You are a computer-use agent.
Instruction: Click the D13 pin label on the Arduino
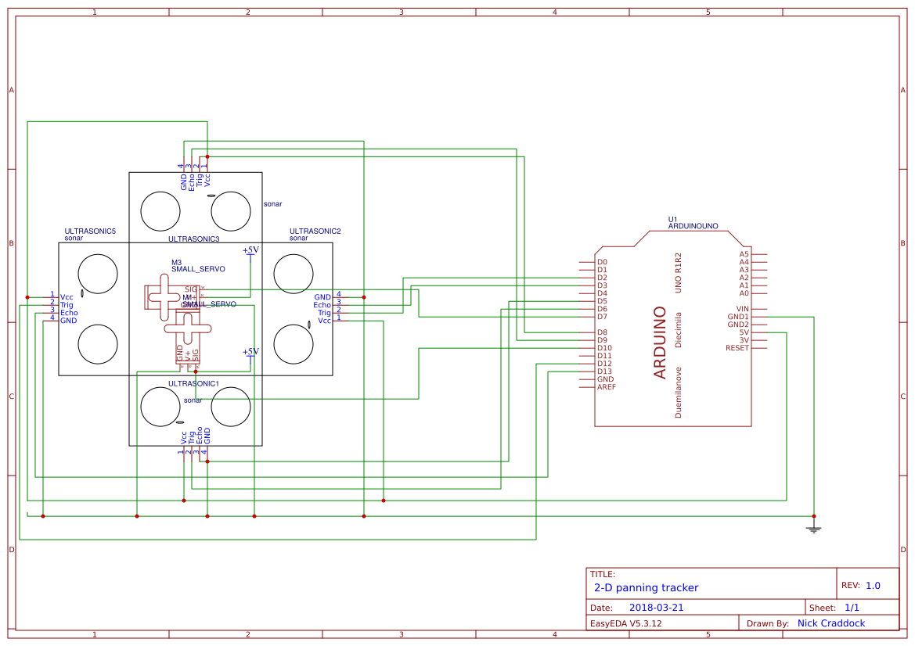(604, 371)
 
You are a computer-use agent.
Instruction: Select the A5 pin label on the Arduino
(744, 254)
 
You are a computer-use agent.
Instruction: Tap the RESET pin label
(737, 348)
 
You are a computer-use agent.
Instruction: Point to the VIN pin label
(741, 309)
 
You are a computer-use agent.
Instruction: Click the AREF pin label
(606, 387)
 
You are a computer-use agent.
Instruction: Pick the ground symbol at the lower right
(814, 529)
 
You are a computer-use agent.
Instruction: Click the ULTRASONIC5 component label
(90, 231)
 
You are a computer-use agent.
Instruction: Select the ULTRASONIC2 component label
(315, 231)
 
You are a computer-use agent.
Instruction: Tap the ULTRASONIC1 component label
(193, 384)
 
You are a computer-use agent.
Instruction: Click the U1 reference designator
(672, 219)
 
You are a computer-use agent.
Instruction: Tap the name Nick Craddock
(831, 623)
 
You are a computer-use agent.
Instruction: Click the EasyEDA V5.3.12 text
(625, 623)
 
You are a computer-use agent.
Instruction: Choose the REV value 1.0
(873, 586)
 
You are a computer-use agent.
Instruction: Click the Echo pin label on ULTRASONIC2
(322, 305)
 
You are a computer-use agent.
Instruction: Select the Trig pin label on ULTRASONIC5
(67, 305)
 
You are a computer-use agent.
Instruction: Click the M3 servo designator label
(176, 263)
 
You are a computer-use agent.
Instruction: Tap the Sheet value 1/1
(852, 608)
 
